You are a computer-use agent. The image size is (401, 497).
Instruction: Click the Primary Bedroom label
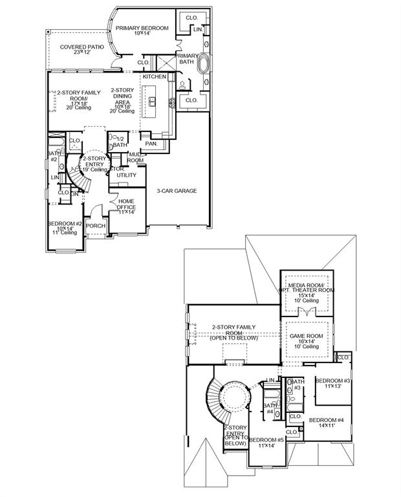142,28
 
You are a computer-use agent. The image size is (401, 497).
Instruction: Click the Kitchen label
155,77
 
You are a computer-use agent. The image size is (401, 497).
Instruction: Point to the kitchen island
153,101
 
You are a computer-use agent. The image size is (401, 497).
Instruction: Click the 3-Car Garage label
177,191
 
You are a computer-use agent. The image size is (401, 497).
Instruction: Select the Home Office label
126,206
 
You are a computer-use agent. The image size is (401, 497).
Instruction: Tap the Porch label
96,226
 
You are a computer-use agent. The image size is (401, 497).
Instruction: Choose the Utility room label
126,175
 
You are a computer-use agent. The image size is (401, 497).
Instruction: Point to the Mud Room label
135,157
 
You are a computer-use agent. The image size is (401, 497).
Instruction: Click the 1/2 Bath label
120,142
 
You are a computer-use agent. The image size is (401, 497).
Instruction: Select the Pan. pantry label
151,143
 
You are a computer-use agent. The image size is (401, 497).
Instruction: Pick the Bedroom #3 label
332,383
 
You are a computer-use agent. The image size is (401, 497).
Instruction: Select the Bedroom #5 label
267,442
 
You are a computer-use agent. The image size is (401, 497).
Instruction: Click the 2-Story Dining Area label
122,99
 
